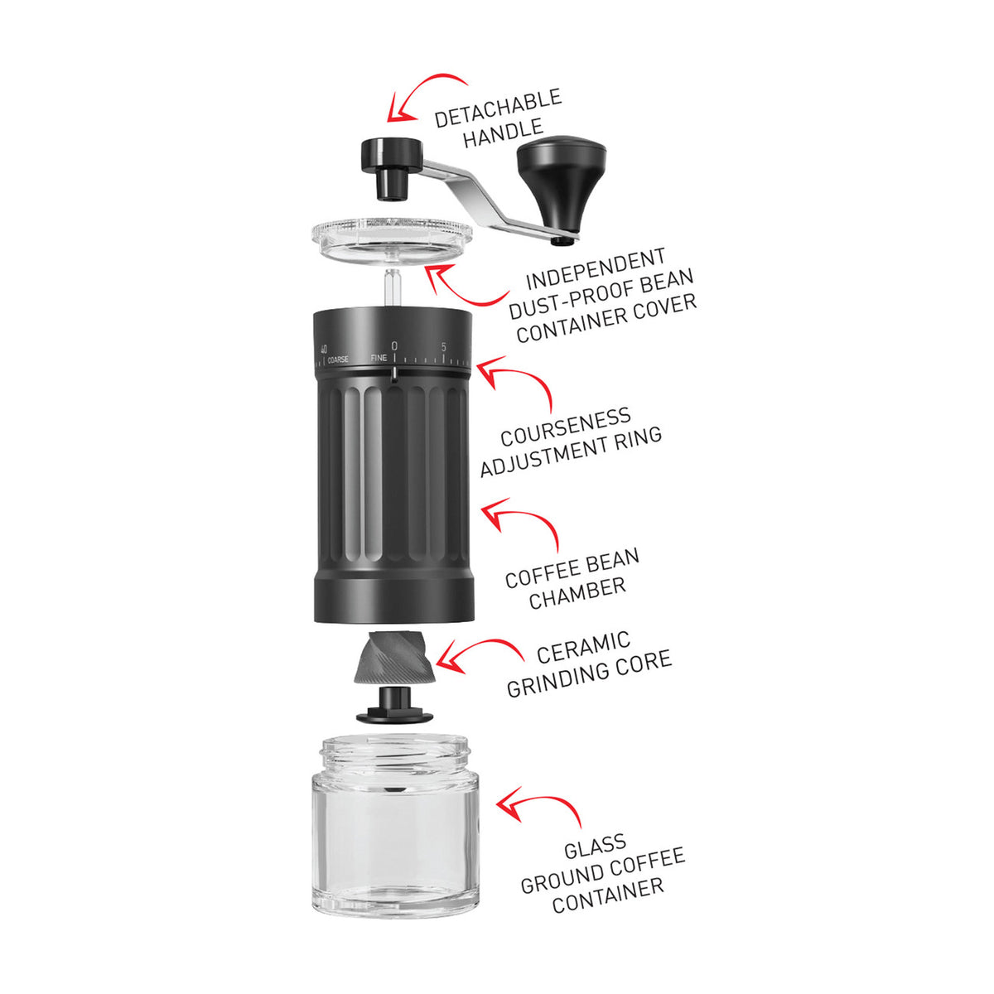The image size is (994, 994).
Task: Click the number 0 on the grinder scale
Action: click(394, 345)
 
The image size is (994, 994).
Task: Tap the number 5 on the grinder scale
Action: click(444, 347)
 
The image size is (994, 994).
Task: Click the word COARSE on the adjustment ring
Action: click(338, 359)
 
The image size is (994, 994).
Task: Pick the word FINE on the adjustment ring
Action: click(379, 358)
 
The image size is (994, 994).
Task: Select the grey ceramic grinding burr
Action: click(392, 659)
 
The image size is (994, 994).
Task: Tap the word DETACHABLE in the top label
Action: click(498, 109)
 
